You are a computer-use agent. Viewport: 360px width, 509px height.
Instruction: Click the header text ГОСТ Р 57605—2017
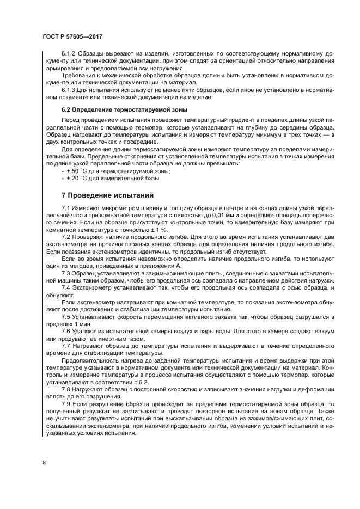click(x=72, y=36)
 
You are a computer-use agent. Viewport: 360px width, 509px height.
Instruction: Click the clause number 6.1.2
click(x=70, y=54)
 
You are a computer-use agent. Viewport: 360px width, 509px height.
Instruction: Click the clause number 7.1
click(x=66, y=208)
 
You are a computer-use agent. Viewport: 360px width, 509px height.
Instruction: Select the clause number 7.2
click(x=66, y=237)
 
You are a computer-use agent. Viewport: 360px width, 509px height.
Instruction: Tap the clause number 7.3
click(x=66, y=272)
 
